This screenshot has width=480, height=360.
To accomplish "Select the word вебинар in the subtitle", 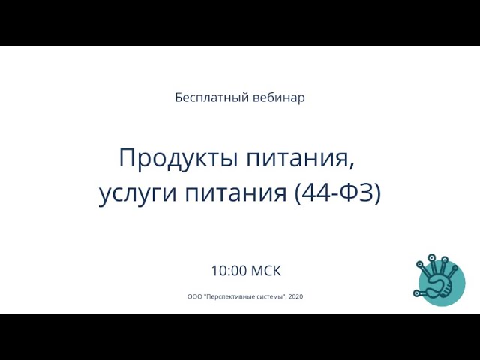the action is (279, 97).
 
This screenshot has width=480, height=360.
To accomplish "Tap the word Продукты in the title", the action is (178, 158).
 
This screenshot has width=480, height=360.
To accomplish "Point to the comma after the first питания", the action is (351, 165).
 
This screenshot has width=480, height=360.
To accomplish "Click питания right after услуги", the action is (235, 193).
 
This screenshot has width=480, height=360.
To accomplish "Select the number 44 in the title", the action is (316, 193).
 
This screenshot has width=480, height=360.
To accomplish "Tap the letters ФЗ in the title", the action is (357, 193).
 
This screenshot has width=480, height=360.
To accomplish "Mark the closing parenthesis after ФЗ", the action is (377, 193).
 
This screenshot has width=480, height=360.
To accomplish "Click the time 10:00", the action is (229, 271).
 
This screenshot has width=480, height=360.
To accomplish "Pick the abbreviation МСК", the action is (266, 271).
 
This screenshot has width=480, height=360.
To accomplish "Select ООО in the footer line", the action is (194, 296).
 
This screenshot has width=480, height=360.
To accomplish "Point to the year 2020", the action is (295, 296).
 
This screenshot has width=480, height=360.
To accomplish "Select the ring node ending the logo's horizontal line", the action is (416, 293).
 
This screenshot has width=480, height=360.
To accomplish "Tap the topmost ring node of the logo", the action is (432, 257).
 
